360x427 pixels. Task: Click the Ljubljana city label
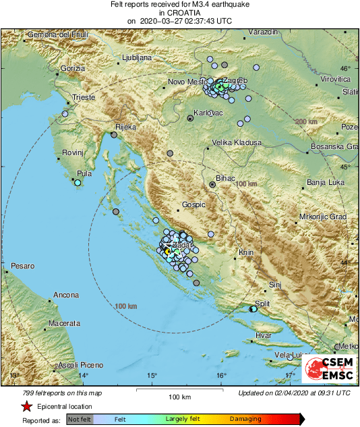pos(137,58)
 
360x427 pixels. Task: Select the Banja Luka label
pos(326,182)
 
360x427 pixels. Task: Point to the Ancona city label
pos(67,295)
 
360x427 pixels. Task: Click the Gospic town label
pos(193,204)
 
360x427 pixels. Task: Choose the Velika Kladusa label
pos(237,142)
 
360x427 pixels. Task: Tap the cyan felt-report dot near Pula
pos(78,182)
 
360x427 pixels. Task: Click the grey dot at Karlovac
pos(190,118)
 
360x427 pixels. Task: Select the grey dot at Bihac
pos(212,183)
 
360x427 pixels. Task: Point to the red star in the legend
pos(26,406)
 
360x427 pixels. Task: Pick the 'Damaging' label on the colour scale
pos(245,419)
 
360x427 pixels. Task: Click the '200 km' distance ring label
pos(305,121)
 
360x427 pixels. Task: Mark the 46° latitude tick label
pos(344,69)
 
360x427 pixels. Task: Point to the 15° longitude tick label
pos(152,376)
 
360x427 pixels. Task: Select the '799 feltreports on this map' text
pos(56,393)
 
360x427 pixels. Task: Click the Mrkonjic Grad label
pos(322,217)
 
